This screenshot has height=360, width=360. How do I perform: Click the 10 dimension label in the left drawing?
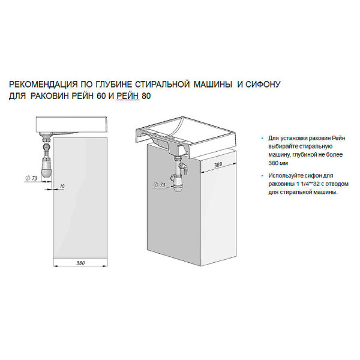(x=62, y=187)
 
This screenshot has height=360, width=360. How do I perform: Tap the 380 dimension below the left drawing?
(x=80, y=262)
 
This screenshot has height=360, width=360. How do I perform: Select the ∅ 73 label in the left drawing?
(x=32, y=178)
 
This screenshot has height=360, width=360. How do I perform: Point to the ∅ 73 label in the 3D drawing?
(x=159, y=185)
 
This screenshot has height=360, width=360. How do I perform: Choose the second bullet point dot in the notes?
(x=262, y=175)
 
